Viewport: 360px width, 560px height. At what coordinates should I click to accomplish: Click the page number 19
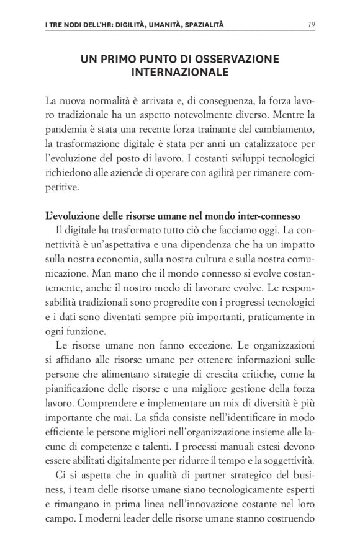(x=310, y=25)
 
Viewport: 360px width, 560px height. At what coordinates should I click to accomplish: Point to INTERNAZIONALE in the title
(x=180, y=73)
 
